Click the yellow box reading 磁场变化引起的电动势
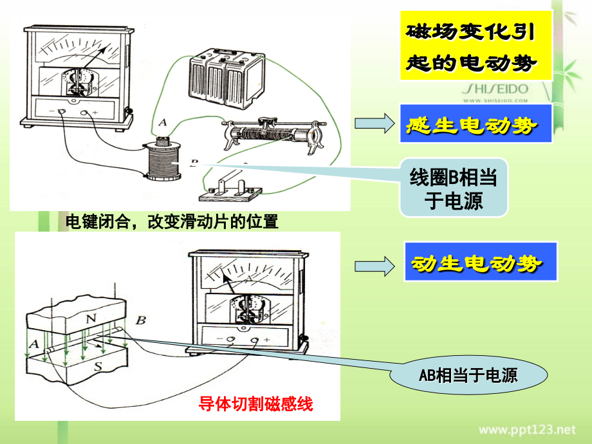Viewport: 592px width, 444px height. [476, 45]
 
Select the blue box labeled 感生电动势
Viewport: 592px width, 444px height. [476, 124]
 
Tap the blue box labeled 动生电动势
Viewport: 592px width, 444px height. [480, 262]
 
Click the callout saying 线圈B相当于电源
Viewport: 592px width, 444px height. [454, 187]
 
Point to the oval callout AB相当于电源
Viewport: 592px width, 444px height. [477, 376]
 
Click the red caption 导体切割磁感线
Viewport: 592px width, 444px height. [255, 405]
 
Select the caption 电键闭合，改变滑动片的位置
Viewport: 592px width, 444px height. [172, 222]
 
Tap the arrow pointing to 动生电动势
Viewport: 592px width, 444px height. [373, 264]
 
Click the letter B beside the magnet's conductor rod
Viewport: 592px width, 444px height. [142, 319]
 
